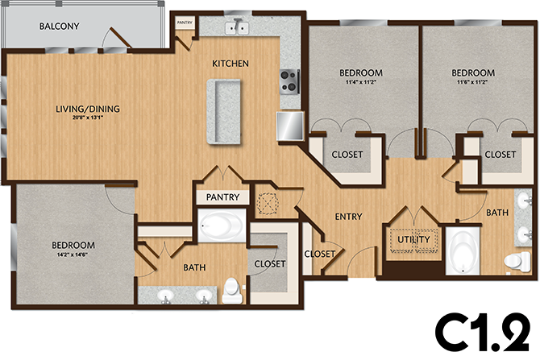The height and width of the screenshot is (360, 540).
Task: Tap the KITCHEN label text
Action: coord(230,64)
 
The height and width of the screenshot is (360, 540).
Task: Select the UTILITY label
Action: coord(413,239)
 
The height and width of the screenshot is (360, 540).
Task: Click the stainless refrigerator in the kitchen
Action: coord(289,125)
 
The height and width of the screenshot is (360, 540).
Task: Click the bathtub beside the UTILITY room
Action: coord(463,251)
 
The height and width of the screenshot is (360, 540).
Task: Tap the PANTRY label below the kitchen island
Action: coord(221,196)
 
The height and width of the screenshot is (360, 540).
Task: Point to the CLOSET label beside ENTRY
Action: coord(319,254)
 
